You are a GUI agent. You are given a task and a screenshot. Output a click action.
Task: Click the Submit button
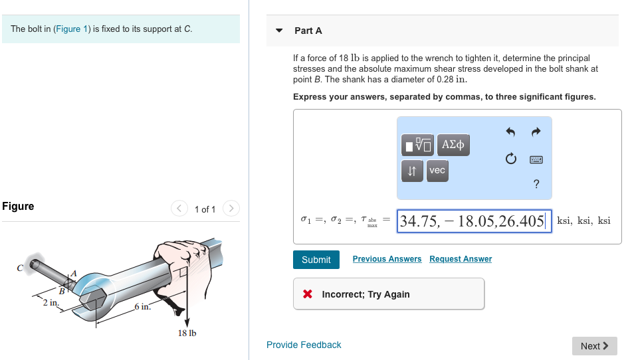tap(316, 260)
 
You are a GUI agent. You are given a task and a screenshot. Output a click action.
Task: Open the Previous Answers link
tap(387, 259)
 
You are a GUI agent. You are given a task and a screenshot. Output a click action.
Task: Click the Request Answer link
tap(461, 259)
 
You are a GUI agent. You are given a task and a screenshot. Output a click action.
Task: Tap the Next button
tap(594, 346)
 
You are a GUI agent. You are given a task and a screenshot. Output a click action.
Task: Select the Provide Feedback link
tap(304, 345)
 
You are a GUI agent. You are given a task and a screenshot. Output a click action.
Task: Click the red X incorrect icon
tap(308, 294)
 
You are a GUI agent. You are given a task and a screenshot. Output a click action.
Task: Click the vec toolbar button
tap(437, 171)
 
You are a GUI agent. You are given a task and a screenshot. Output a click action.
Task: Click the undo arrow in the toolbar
tap(510, 132)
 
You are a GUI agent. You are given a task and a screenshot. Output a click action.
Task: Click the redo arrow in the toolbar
tap(537, 132)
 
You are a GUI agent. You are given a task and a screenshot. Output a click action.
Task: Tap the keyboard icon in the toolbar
tap(536, 160)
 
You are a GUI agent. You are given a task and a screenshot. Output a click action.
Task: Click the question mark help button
tap(536, 184)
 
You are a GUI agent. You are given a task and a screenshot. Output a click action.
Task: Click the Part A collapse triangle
tap(280, 31)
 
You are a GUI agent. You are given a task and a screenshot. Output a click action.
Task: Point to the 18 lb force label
tap(187, 333)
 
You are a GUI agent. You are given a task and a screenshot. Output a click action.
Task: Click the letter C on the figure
tap(20, 268)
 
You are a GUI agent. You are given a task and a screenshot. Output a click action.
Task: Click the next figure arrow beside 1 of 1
tap(231, 209)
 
